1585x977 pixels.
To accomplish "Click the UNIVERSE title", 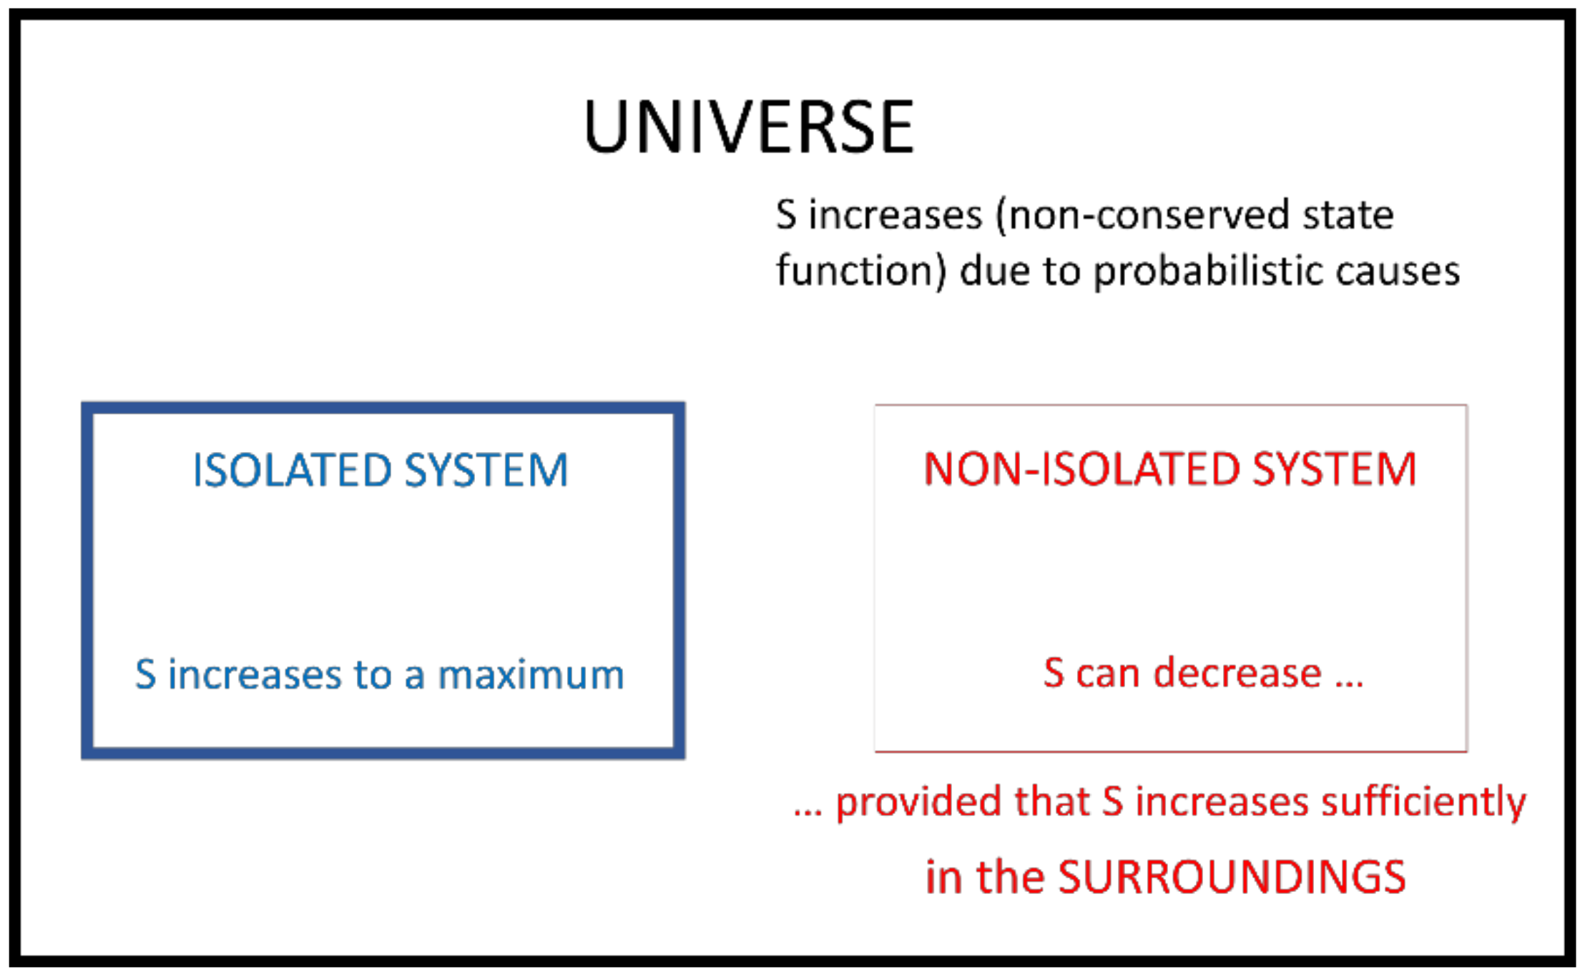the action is (x=749, y=127).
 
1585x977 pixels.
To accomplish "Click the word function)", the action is (x=861, y=273).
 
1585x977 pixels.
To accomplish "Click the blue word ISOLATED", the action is (x=292, y=470).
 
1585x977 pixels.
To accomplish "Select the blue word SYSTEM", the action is (x=486, y=470).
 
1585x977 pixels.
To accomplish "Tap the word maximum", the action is (x=531, y=674).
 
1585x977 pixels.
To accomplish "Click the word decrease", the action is (x=1237, y=673).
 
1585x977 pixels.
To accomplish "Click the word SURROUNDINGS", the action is (x=1232, y=877).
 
